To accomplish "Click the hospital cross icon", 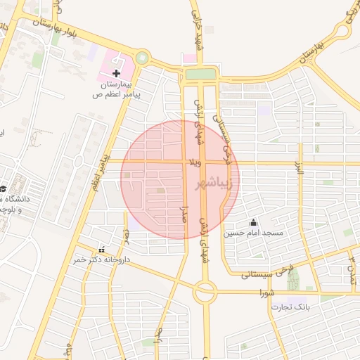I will coord(116,73).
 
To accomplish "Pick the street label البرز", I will coord(298,167).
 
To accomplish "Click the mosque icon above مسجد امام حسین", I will coord(253,222).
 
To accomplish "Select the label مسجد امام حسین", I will coord(253,233).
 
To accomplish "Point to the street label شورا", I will coord(266,291).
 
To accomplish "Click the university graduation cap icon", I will coord(4,189).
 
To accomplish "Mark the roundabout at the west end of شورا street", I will coord(205,291).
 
